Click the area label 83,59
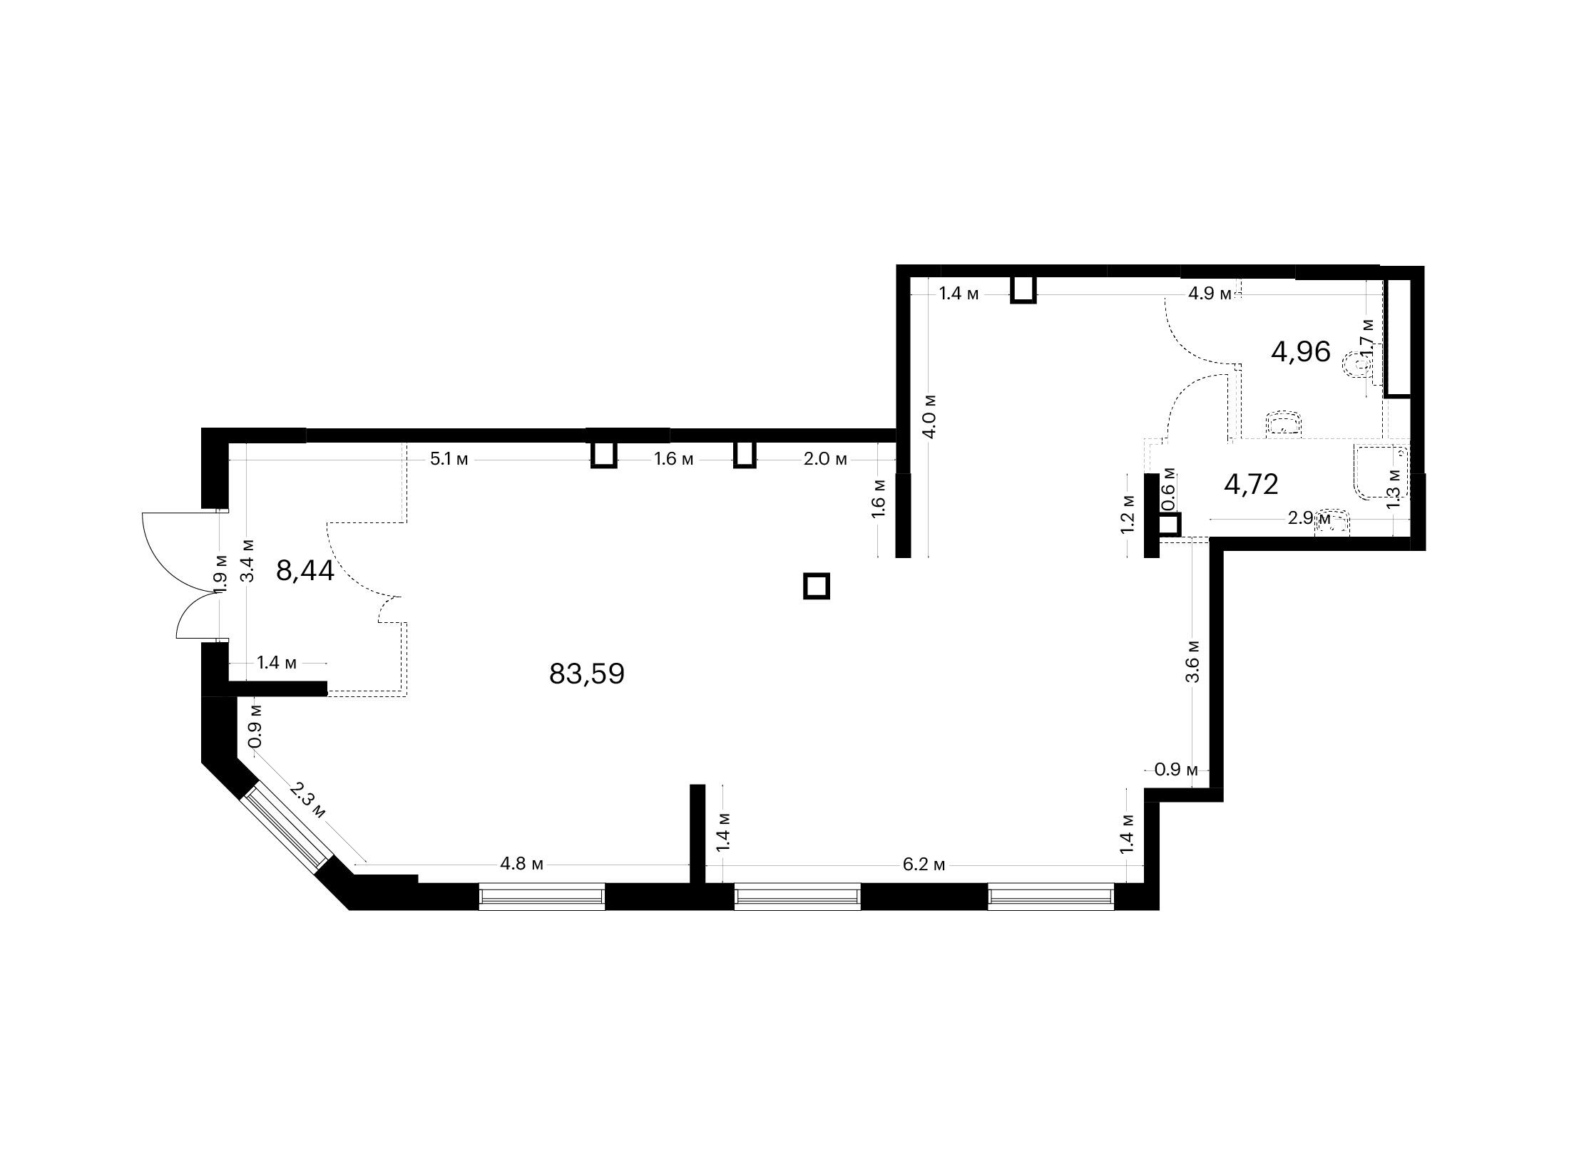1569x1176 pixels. coord(586,674)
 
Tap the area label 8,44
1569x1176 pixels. coord(305,571)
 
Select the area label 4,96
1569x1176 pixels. coord(1301,351)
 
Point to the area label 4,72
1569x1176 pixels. coord(1251,484)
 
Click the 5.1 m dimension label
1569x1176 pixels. coord(449,459)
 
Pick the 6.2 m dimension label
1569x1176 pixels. coord(924,865)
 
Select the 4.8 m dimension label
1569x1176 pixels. coord(521,865)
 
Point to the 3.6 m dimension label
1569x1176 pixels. coord(1192,661)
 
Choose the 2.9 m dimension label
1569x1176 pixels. coord(1309,518)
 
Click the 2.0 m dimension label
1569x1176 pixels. coord(825,459)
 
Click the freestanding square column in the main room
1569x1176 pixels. coord(817,587)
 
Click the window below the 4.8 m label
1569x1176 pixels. coord(541,897)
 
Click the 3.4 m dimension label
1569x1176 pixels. coord(247,559)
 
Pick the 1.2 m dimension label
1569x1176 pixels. coord(1126,513)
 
